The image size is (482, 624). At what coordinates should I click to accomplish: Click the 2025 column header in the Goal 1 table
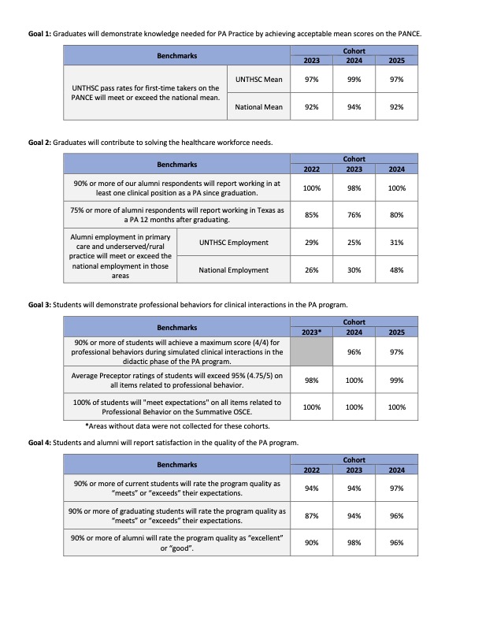click(396, 60)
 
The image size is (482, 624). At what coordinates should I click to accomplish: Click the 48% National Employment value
click(396, 270)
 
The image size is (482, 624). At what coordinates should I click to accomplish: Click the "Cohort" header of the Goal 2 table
click(354, 159)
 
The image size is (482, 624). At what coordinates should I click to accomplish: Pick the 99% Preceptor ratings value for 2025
click(396, 382)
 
